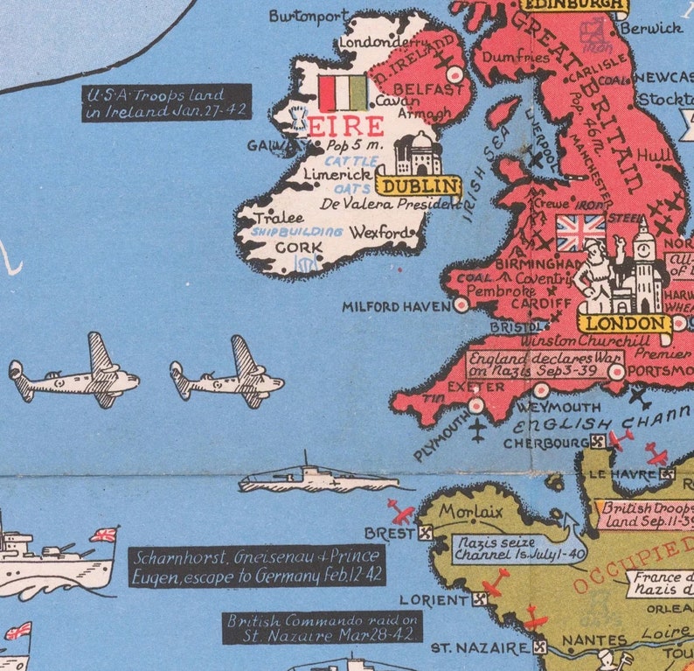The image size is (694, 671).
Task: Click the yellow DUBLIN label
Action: click(x=419, y=185)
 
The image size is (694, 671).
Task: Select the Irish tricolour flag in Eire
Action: click(x=343, y=93)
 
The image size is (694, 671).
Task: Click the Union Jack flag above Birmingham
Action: click(x=580, y=233)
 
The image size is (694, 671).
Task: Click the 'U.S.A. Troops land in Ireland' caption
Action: click(x=167, y=102)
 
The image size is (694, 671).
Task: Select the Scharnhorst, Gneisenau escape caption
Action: click(x=257, y=566)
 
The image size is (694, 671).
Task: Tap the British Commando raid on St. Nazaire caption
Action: click(x=323, y=627)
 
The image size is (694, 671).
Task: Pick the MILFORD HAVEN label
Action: click(x=397, y=307)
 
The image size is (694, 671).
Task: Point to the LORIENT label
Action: click(x=434, y=600)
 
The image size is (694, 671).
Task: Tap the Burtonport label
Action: click(x=309, y=16)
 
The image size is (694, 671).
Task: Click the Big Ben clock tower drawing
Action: click(x=646, y=262)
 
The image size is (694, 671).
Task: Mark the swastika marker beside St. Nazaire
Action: click(x=540, y=648)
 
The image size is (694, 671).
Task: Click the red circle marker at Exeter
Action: click(x=475, y=405)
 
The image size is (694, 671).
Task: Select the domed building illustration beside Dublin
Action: click(x=417, y=154)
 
